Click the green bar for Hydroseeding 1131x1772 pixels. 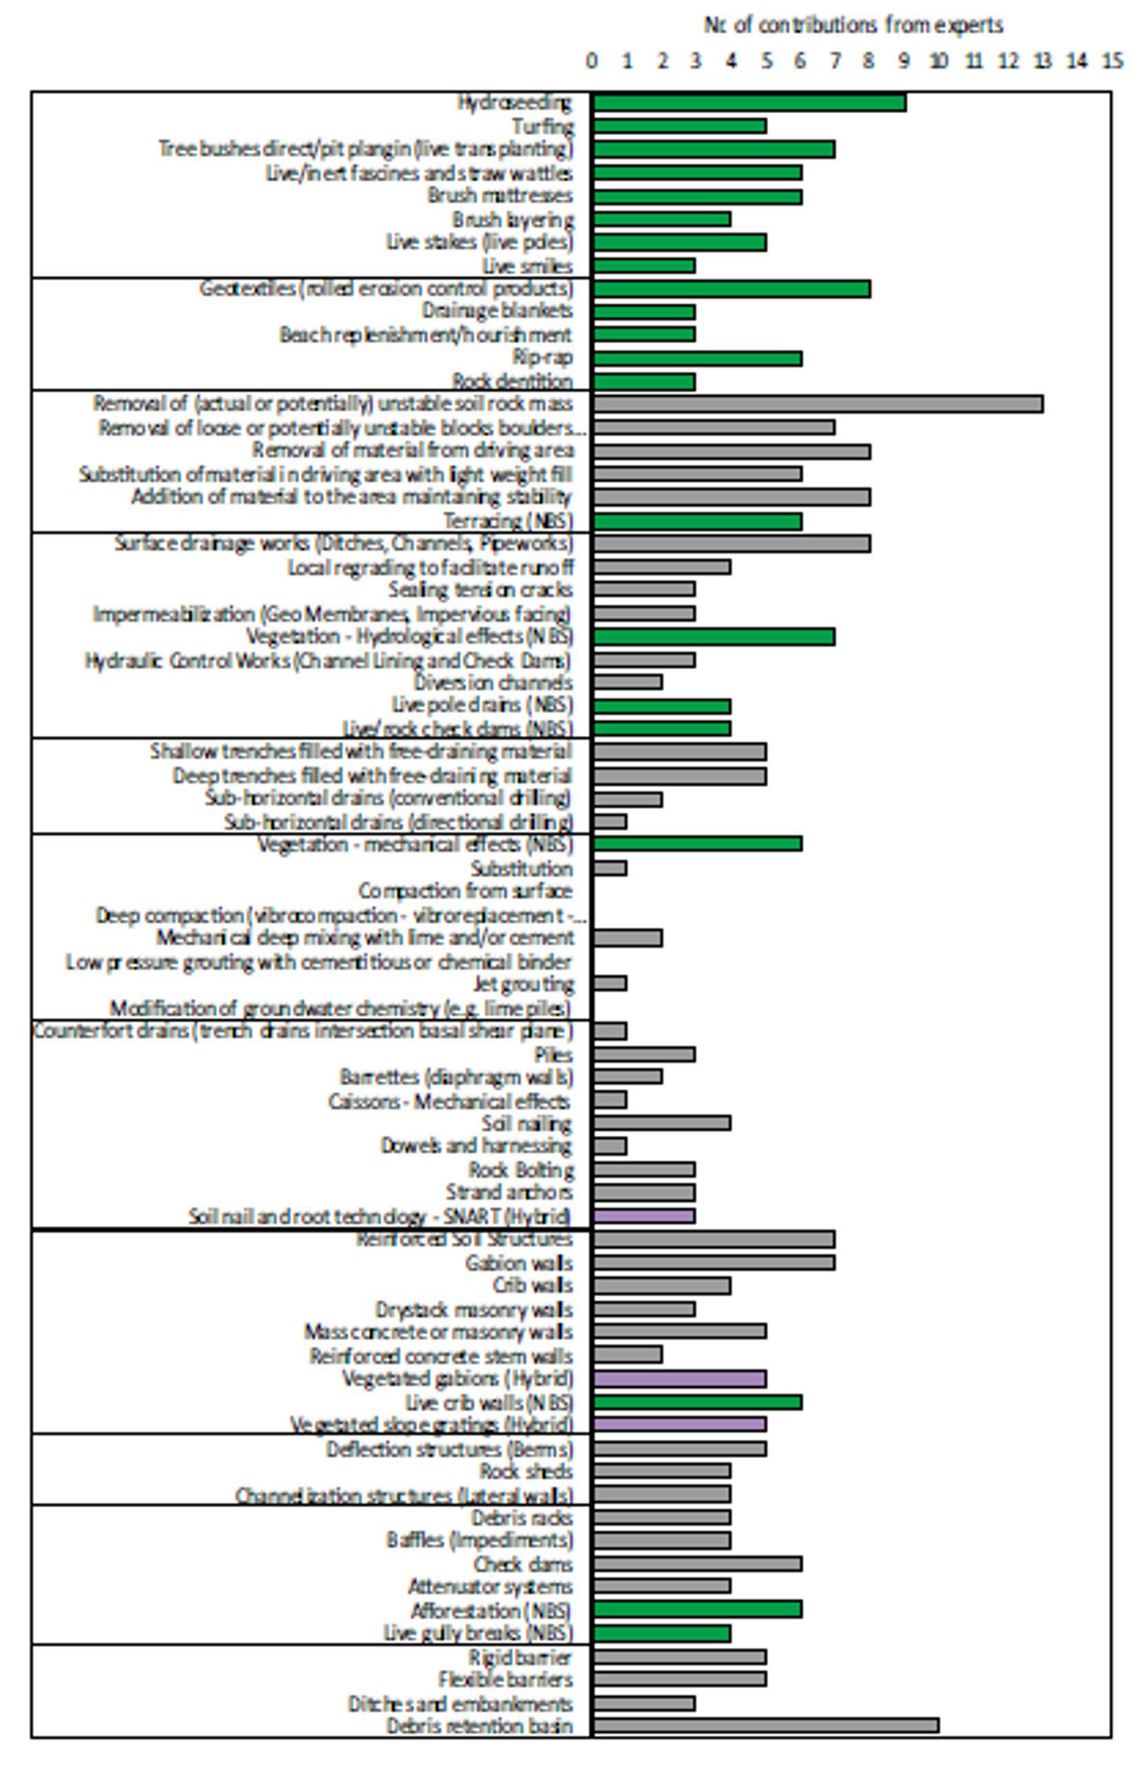pos(749,103)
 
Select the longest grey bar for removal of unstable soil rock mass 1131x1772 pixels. pos(818,404)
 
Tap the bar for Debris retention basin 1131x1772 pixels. pos(766,1725)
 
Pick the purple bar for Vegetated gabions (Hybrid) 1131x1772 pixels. pos(679,1378)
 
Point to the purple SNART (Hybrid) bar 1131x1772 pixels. pos(644,1215)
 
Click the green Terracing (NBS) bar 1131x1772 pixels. pos(697,521)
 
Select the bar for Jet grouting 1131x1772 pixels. pos(610,983)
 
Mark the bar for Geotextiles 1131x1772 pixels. pos(731,289)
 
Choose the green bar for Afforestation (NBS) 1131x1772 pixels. pos(697,1609)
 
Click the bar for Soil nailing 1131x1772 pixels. pos(662,1123)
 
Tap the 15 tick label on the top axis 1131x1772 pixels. pos(1111,60)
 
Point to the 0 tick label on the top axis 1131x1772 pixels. pos(592,60)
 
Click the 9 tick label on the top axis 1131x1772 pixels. pos(903,60)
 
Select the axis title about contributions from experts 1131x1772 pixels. pos(853,25)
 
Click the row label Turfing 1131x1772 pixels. pos(543,126)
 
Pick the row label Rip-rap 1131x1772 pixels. pos(543,357)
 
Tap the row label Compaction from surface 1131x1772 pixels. pos(466,891)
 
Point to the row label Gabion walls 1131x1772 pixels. pos(519,1262)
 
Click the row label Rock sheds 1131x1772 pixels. pos(526,1470)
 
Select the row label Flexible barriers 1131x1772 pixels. pos(506,1679)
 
